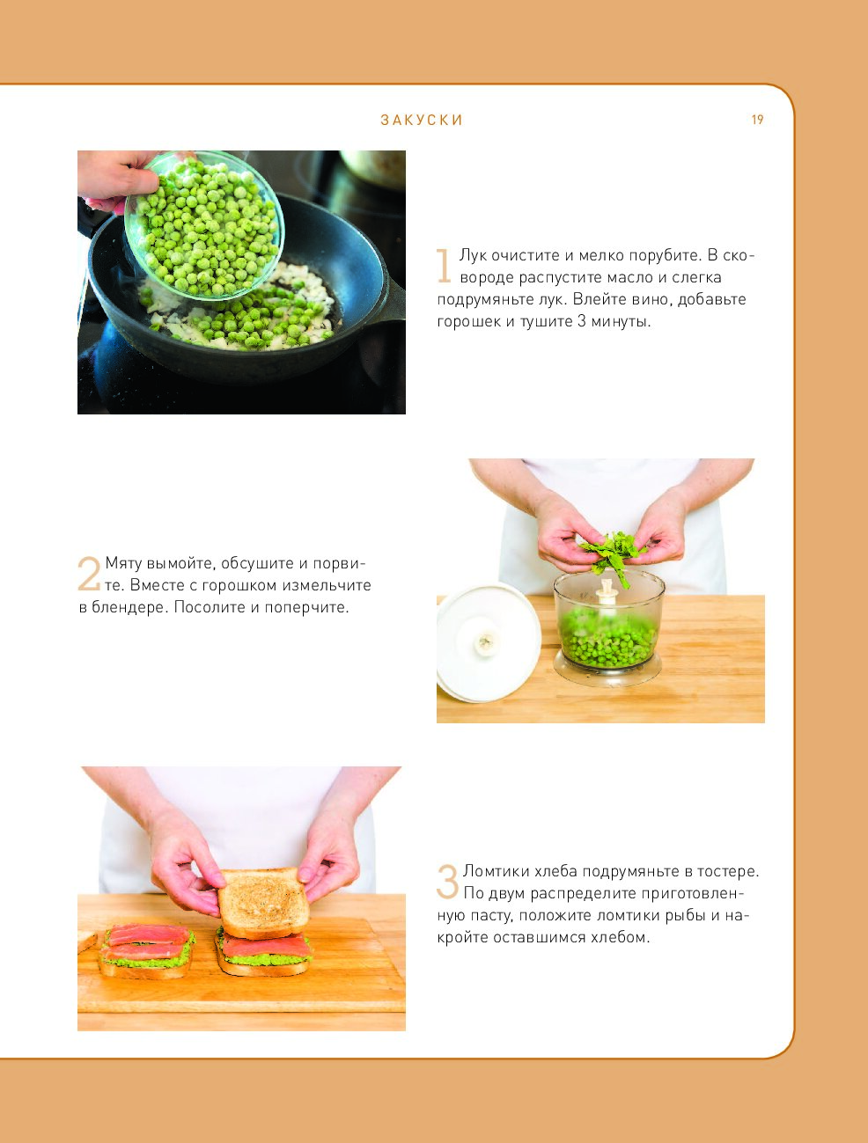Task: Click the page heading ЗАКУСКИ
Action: [422, 121]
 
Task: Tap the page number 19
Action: [757, 120]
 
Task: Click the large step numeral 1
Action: [444, 266]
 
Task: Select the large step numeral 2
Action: [89, 574]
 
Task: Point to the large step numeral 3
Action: [447, 881]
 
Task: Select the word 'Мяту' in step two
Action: [123, 563]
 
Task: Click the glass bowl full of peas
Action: [204, 225]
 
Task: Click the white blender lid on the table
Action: [488, 642]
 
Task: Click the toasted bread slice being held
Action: [263, 902]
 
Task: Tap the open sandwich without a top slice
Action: [146, 951]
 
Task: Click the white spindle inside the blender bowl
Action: [607, 591]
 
